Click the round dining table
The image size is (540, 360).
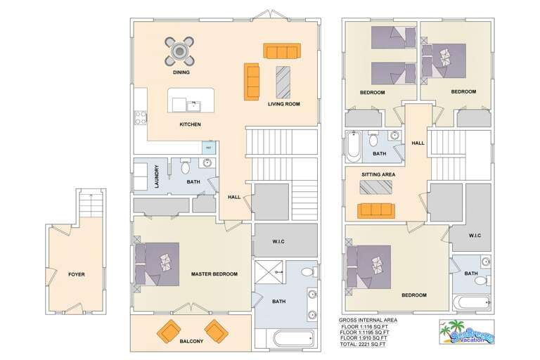click(181, 51)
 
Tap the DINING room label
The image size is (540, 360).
click(181, 72)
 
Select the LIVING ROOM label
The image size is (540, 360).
click(283, 104)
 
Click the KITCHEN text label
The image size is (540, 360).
click(190, 124)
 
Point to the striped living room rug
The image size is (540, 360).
click(283, 82)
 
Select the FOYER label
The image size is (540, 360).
click(76, 274)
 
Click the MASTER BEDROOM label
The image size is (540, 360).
click(214, 274)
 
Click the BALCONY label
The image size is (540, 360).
click(191, 342)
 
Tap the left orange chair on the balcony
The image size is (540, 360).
click(169, 330)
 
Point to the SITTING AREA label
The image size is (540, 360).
click(378, 174)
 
